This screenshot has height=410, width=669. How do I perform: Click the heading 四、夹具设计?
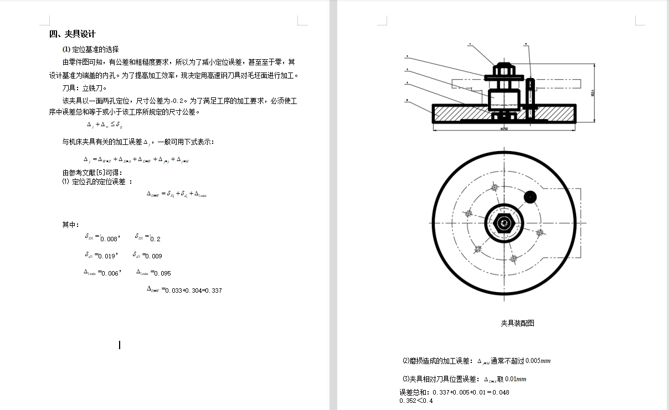73,34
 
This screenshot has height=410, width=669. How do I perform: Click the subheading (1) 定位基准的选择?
90,49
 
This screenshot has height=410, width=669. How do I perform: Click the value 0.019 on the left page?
107,256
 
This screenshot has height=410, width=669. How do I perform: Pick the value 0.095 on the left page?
162,273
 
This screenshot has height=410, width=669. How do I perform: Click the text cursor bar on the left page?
120,345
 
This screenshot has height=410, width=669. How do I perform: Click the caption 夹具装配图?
517,323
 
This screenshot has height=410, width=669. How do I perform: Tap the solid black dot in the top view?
531,197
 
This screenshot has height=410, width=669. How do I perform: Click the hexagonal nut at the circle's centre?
504,223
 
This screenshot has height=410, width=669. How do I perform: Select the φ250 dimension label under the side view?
504,129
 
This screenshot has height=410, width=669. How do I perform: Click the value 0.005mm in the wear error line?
538,361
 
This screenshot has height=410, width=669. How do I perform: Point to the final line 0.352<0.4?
416,401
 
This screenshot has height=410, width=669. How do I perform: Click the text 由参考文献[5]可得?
88,173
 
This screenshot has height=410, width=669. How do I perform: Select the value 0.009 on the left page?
153,256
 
